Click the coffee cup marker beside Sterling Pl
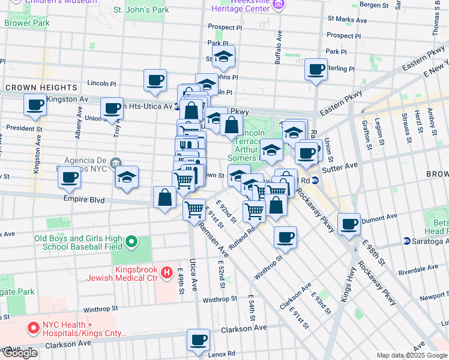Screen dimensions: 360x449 (x=315, y=70)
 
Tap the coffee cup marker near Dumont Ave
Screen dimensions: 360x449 (x=349, y=224)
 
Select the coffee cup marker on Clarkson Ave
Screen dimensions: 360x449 (x=197, y=340)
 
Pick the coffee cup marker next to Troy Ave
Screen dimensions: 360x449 (x=112, y=109)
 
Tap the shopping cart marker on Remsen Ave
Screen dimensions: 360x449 (x=194, y=210)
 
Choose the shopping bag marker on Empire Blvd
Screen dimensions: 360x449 (x=164, y=197)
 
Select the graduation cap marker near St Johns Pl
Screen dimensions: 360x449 (x=224, y=57)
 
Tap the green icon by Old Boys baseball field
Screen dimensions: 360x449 (x=131, y=243)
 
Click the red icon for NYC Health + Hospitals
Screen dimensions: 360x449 (x=33, y=328)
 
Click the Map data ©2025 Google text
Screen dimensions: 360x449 (x=411, y=355)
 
